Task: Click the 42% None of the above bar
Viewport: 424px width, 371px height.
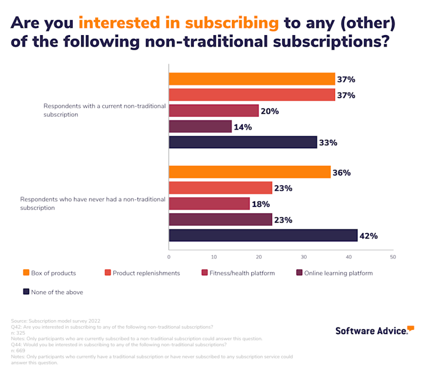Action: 263,235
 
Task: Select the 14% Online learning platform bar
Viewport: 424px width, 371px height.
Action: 200,126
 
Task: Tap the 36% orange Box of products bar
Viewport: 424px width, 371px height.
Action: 250,172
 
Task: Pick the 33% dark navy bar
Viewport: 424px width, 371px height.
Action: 243,142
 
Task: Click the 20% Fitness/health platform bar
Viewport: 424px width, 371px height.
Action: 213,111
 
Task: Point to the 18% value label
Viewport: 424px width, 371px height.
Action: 262,204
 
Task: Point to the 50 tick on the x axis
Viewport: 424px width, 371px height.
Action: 393,257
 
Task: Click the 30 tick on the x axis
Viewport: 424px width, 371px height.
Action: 303,257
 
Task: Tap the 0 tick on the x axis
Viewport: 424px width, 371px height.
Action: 169,257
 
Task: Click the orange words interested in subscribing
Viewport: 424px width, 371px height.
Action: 179,23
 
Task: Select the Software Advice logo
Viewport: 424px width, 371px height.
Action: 374,330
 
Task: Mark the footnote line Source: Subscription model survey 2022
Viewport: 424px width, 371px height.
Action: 56,320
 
